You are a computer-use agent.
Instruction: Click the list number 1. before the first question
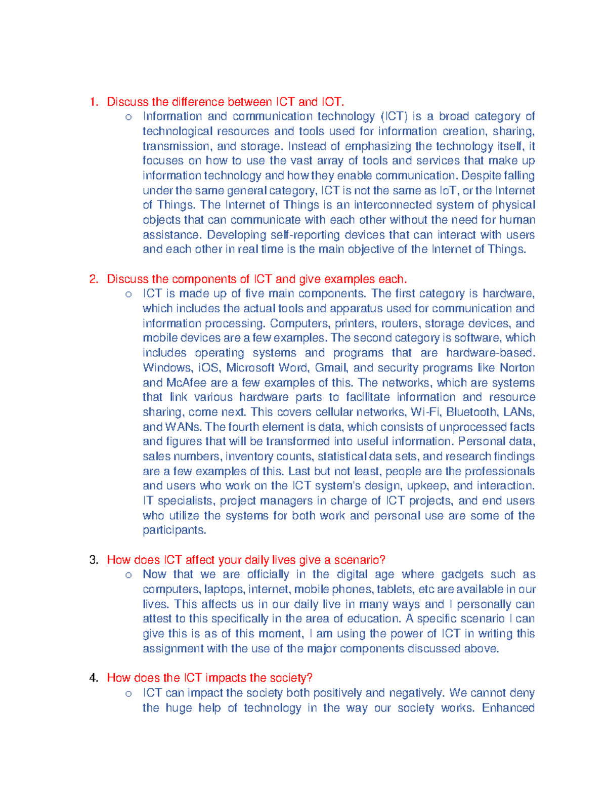pos(94,102)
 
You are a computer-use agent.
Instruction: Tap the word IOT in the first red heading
pos(332,102)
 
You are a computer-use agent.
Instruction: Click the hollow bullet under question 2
pos(128,294)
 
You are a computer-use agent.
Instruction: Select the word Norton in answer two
pos(517,367)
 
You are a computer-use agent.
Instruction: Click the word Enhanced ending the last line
pos(508,708)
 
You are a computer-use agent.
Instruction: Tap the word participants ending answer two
pos(174,530)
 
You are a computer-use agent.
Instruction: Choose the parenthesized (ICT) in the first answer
pos(394,116)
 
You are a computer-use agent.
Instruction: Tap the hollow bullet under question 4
pos(128,693)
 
